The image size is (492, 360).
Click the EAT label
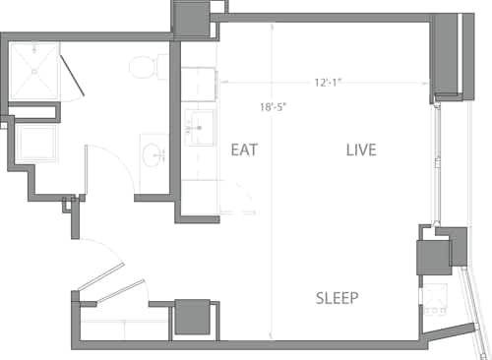coord(244,150)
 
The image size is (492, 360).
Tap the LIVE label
coord(362,150)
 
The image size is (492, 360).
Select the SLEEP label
coord(337,298)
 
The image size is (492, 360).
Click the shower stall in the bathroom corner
coord(34,71)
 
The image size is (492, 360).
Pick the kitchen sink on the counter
coord(198,125)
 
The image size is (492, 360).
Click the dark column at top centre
coord(191,17)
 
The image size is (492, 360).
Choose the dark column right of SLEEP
coord(434,258)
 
